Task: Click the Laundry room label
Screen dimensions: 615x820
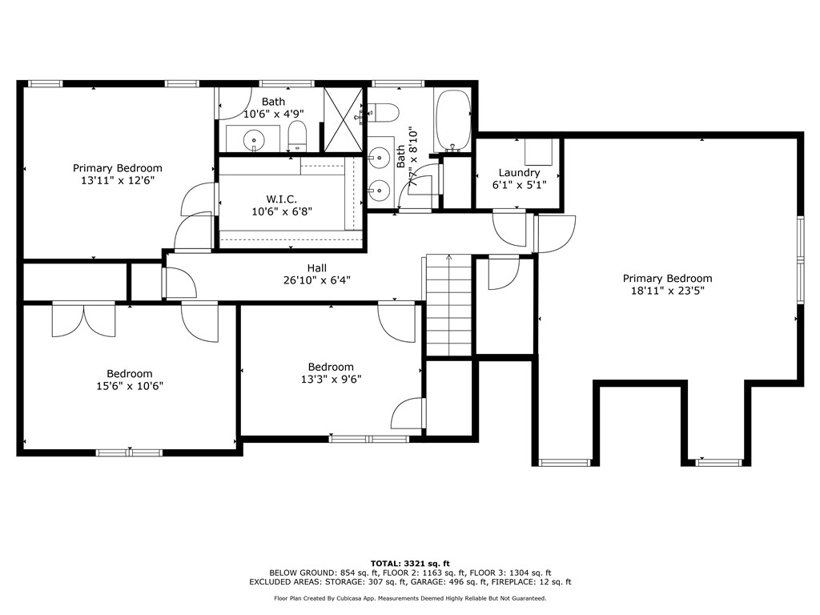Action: pyautogui.click(x=519, y=173)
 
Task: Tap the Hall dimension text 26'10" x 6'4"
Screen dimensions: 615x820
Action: pyautogui.click(x=316, y=280)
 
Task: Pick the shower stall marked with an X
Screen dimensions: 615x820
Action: pyautogui.click(x=343, y=119)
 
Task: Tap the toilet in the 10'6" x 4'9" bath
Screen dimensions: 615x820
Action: pyautogui.click(x=297, y=136)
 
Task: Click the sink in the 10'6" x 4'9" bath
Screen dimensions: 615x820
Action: pyautogui.click(x=254, y=138)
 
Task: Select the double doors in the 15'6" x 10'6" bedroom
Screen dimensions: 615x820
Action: pyautogui.click(x=83, y=319)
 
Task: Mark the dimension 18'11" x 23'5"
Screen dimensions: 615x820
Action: pyautogui.click(x=667, y=291)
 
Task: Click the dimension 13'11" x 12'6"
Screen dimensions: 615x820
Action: pyautogui.click(x=118, y=181)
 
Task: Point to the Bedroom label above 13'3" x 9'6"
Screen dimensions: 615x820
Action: pyautogui.click(x=331, y=367)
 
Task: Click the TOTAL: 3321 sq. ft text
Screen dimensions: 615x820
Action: pyautogui.click(x=409, y=563)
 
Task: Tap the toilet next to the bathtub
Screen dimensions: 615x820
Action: pyautogui.click(x=385, y=112)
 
